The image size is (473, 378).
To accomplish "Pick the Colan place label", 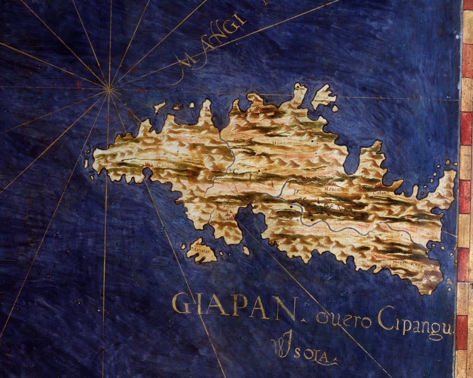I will [380, 193].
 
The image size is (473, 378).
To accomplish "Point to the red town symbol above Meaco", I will [332, 183].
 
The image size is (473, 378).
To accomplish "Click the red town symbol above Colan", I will [379, 186].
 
